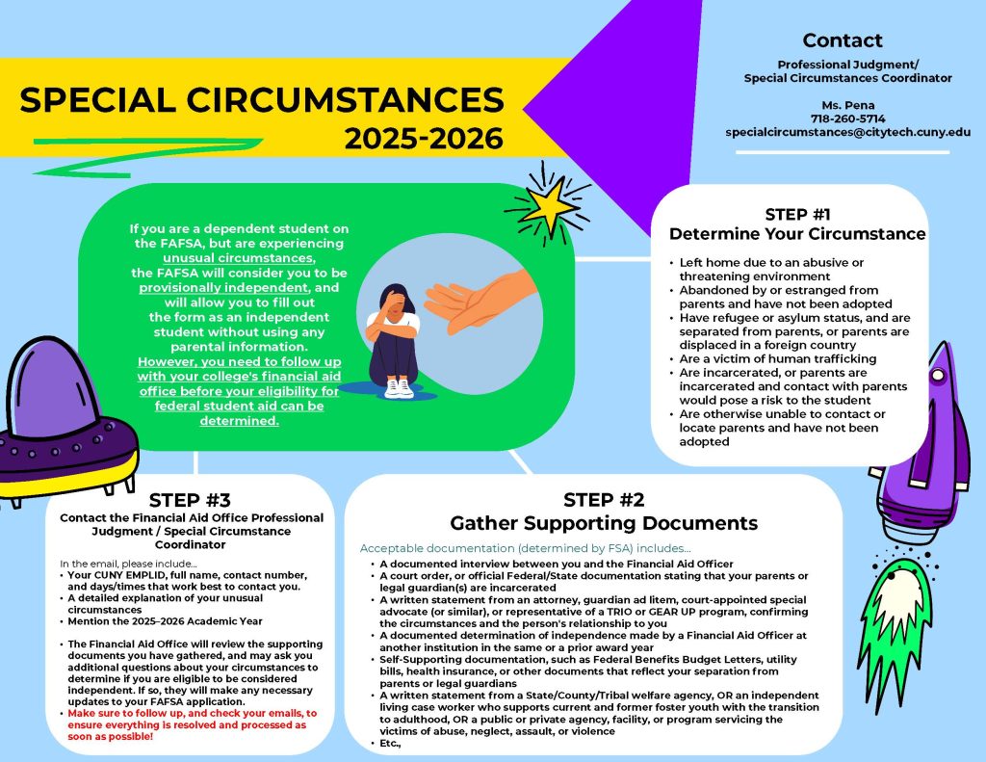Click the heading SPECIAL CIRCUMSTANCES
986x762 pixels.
pos(262,100)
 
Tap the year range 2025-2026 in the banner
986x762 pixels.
pos(424,139)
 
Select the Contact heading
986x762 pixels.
pos(842,40)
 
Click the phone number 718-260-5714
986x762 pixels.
pos(847,118)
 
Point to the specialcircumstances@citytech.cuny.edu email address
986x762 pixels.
pos(847,132)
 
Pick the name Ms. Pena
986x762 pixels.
pos(847,105)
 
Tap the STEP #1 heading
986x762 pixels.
pos(797,215)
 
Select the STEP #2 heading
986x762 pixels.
pos(604,500)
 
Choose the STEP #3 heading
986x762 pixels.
pos(190,500)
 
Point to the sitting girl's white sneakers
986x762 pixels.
pos(399,387)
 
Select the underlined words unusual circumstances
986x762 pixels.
pos(239,258)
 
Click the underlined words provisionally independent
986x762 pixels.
pos(223,288)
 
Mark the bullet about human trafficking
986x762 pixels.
pos(777,358)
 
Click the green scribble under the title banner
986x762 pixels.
pos(147,156)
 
